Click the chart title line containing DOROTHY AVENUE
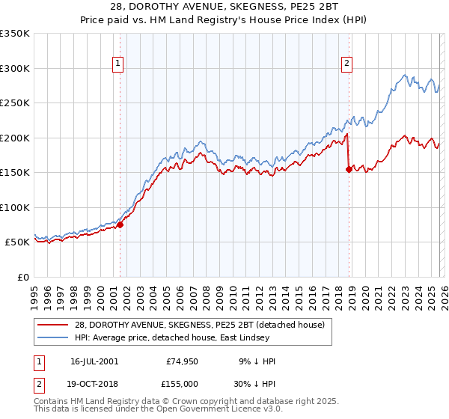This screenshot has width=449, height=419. (224, 7)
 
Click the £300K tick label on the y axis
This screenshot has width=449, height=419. (15, 68)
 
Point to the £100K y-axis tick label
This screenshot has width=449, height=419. (15, 207)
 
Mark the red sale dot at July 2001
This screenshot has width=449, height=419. (120, 224)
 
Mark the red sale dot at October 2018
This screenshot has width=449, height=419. (349, 169)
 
